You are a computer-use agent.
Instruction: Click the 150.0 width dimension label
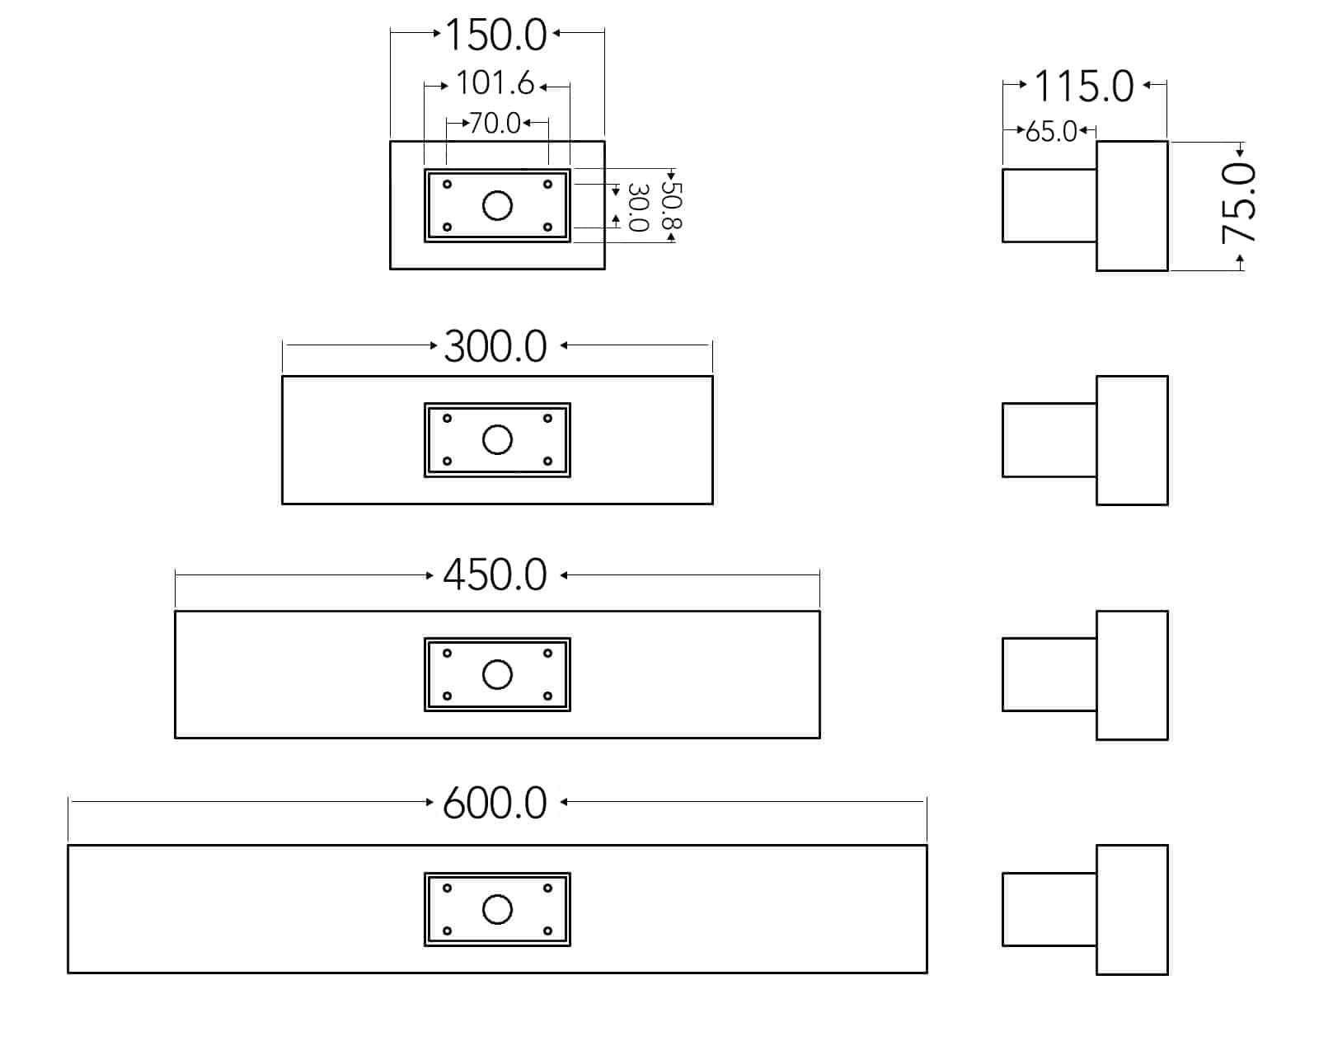[495, 35]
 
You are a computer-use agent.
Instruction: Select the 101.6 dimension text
[495, 83]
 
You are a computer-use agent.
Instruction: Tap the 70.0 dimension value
[495, 124]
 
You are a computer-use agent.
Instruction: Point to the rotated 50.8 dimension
[671, 206]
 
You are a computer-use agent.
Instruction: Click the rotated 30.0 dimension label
[639, 208]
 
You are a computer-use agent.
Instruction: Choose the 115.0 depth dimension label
[1083, 87]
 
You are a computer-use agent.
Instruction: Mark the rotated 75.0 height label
[1238, 204]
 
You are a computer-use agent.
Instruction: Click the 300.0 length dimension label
[495, 347]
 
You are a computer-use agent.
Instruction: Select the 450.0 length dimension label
[495, 575]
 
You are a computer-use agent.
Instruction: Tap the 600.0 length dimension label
[495, 803]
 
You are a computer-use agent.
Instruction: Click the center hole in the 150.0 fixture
[497, 205]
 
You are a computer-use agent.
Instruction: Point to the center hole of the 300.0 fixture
[497, 440]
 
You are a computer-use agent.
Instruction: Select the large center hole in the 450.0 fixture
[497, 675]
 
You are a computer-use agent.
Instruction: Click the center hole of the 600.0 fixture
[497, 910]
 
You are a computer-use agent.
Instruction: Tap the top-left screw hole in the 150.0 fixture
[448, 184]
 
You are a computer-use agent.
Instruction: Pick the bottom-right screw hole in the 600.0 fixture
[548, 931]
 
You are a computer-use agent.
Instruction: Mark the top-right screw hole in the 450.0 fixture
[548, 654]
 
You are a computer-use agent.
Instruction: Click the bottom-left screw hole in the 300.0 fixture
[448, 462]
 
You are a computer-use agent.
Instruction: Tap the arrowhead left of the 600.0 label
[429, 802]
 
